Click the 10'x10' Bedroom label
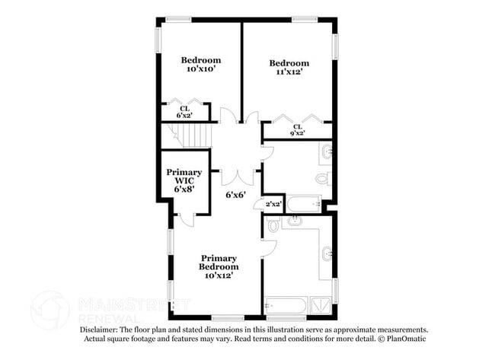(201, 65)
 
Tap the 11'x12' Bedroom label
(289, 68)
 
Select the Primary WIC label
(184, 180)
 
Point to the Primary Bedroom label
(219, 266)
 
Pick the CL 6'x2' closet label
(185, 112)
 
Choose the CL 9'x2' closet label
(298, 129)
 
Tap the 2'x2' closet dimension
(272, 205)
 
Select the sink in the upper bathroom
(326, 152)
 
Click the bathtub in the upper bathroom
(302, 203)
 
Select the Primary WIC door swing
(185, 218)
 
